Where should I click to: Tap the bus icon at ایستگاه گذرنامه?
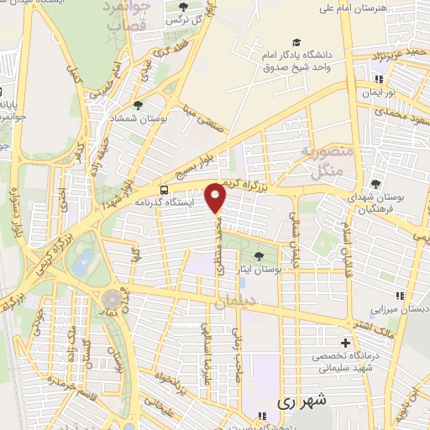click(x=165, y=190)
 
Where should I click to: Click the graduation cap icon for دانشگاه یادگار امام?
click(x=296, y=42)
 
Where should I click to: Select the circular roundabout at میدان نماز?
click(x=112, y=299)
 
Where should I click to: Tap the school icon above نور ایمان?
click(x=377, y=81)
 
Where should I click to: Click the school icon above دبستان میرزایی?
click(x=399, y=295)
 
